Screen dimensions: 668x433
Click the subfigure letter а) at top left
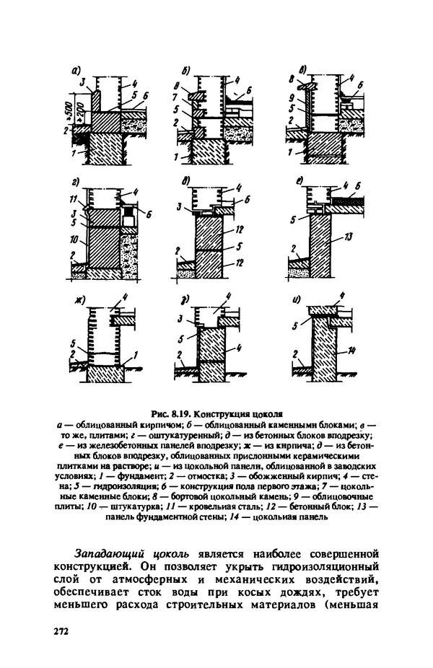75,70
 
